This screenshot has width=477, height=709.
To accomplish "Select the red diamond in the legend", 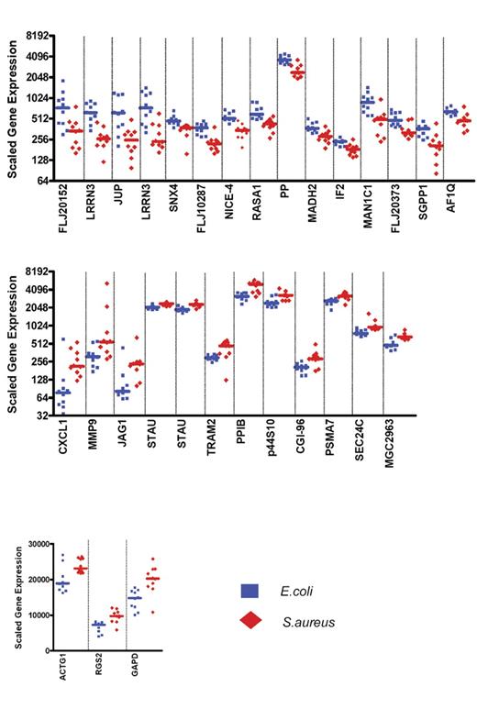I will coord(248,623).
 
